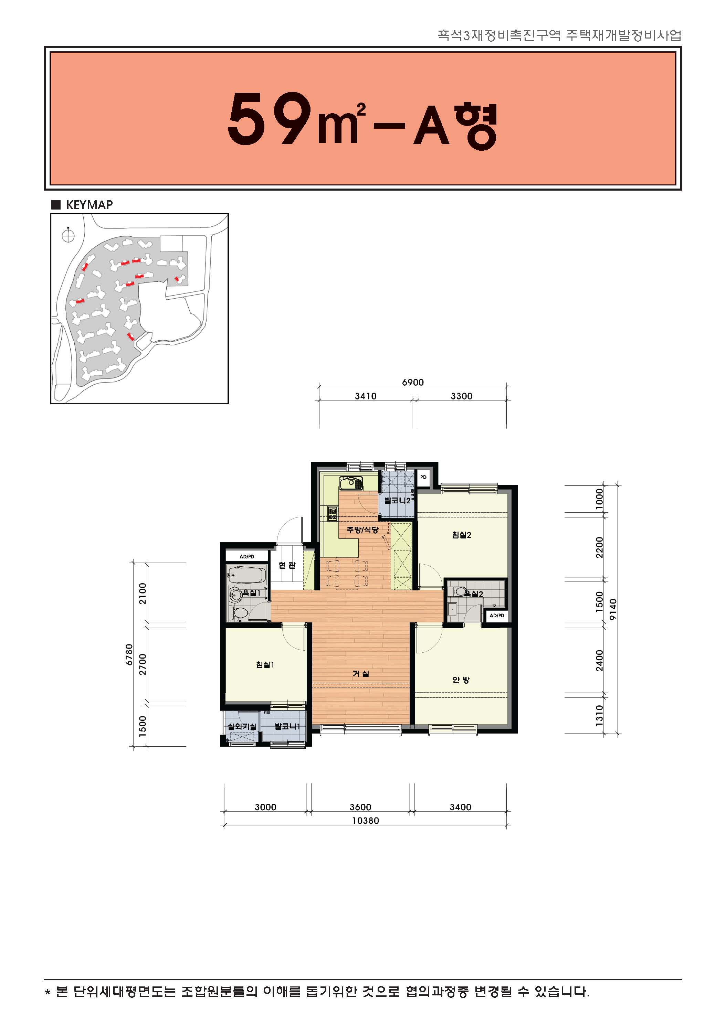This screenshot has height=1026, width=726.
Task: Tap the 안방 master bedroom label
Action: click(x=461, y=680)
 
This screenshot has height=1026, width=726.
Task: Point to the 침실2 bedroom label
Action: click(x=461, y=535)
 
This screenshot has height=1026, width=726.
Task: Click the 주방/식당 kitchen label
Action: click(x=362, y=530)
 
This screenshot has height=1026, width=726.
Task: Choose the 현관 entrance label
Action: click(x=287, y=565)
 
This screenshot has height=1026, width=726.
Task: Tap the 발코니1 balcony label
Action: click(x=287, y=727)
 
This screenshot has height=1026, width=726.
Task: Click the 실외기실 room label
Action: click(x=242, y=727)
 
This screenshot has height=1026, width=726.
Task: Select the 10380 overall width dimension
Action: click(x=365, y=821)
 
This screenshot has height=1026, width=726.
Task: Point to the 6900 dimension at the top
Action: click(x=413, y=382)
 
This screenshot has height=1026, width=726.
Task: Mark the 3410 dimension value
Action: click(x=366, y=396)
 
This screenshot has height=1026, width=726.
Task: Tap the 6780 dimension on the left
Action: click(x=129, y=655)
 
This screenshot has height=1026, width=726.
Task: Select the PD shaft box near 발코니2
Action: click(x=423, y=477)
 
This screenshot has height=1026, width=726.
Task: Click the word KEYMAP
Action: click(x=90, y=205)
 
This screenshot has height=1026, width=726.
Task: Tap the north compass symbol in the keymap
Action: click(x=68, y=235)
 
